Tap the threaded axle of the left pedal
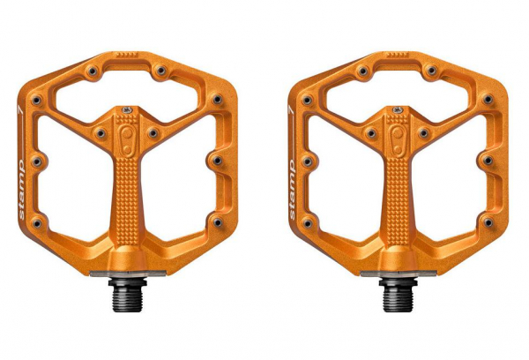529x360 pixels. (x=125, y=295)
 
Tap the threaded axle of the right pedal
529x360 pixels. (x=396, y=295)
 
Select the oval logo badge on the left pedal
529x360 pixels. (x=127, y=141)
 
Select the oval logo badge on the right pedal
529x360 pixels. (x=398, y=141)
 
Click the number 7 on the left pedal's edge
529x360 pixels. (x=20, y=109)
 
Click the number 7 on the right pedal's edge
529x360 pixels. (x=290, y=109)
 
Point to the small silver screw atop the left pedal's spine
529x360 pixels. (x=127, y=109)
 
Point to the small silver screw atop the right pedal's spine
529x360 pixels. (x=398, y=109)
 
